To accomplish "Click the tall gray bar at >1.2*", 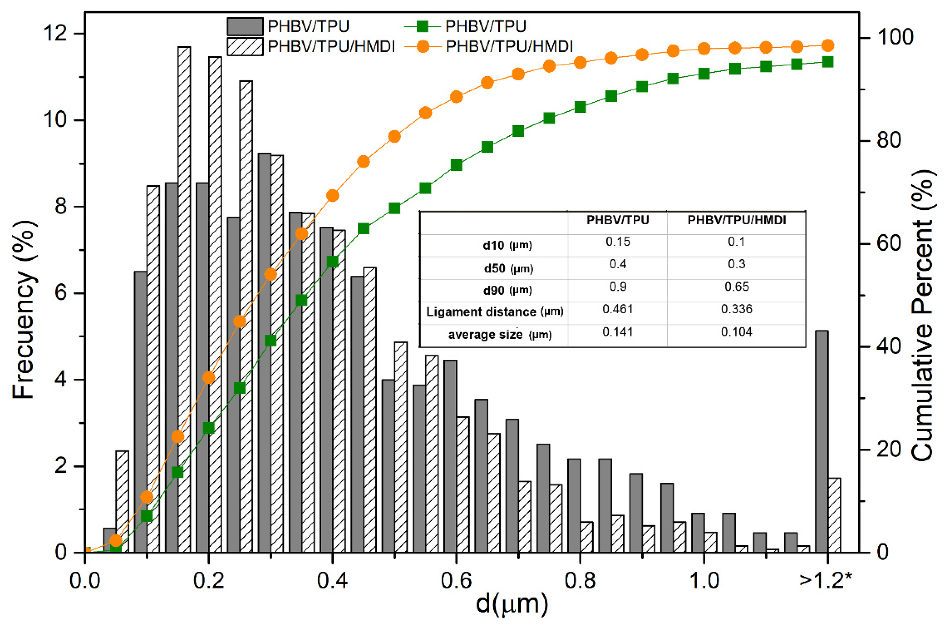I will pos(821,441).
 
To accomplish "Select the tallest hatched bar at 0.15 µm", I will pos(184,299).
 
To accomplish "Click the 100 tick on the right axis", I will pos(895,37).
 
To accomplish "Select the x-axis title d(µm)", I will pos(512,604).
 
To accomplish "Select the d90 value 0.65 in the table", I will pos(736,287).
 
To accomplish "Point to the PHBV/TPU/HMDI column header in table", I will pos(736,220).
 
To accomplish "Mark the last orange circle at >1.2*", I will pos(828,45).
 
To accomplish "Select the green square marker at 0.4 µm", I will pos(333,261).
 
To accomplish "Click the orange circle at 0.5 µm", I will pos(394,136).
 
